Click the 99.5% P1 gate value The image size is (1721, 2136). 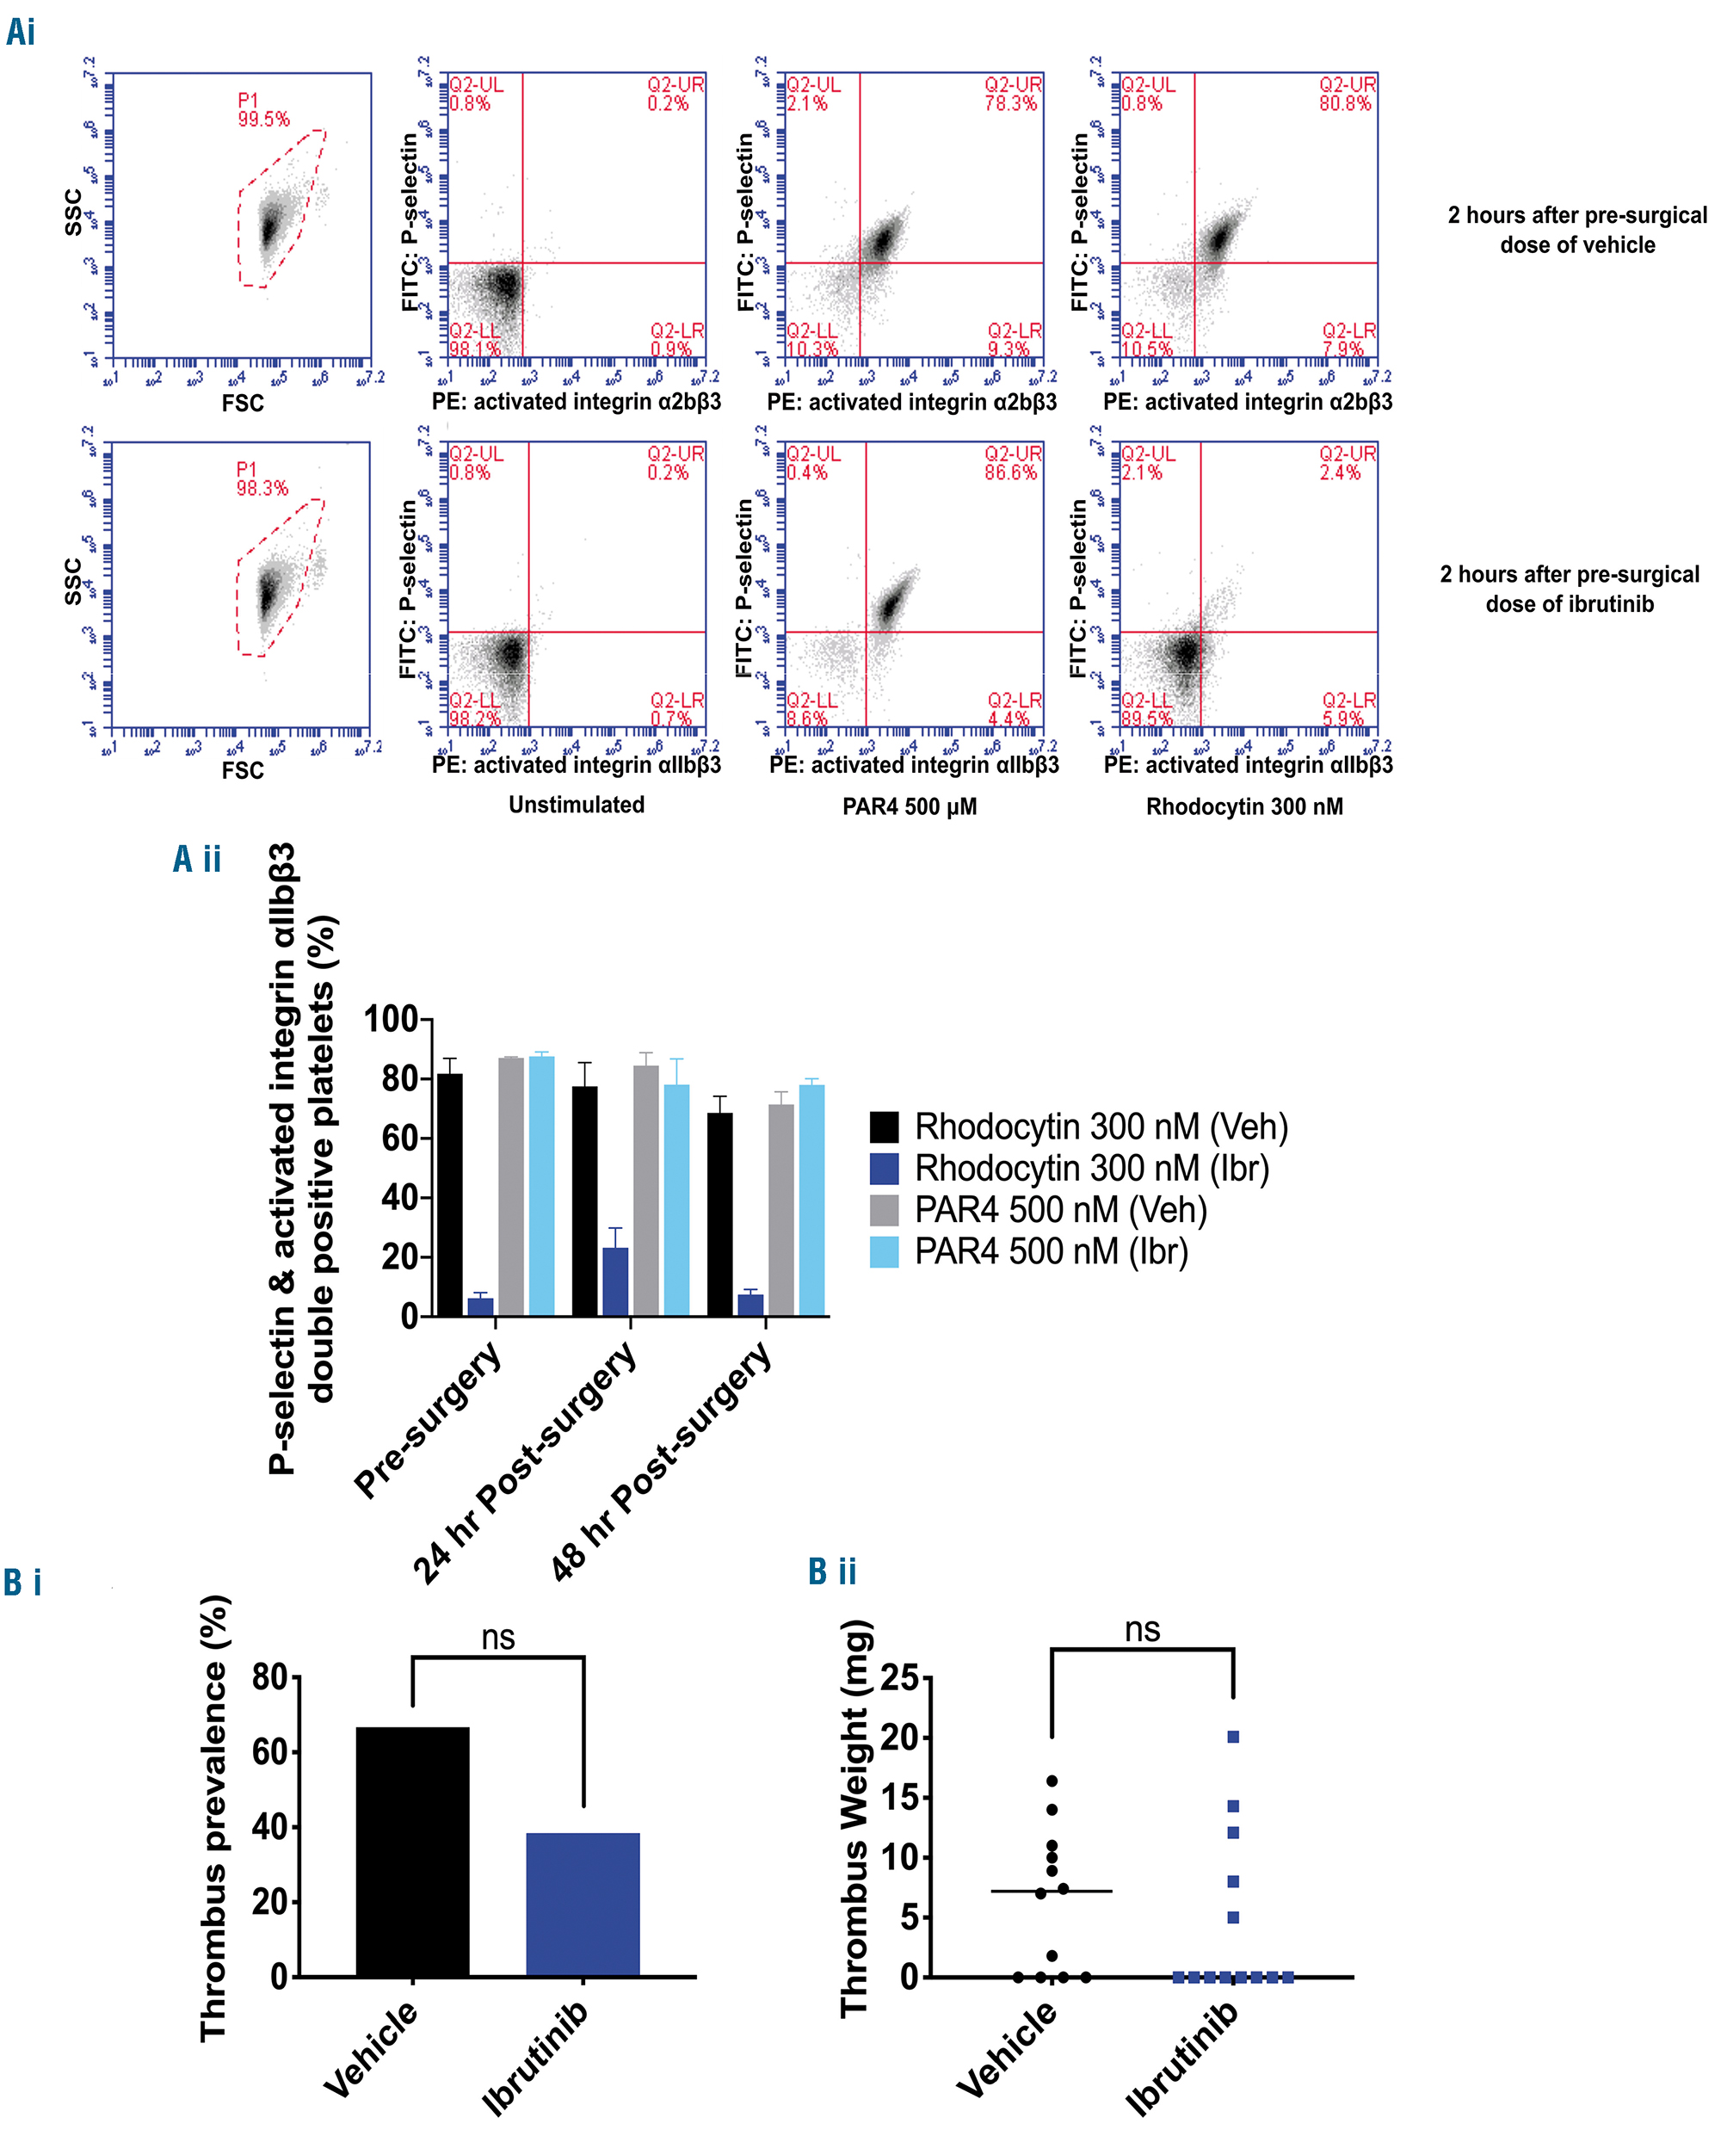pos(262,119)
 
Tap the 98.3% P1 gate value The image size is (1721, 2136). pos(262,488)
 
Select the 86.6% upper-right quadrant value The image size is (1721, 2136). pos(1010,472)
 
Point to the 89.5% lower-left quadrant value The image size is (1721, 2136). pos(1146,718)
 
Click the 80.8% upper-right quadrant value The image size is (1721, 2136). pos(1345,103)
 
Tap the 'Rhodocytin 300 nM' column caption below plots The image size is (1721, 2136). pos(1244,806)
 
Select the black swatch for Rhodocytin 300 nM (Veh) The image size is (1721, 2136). pos(885,1127)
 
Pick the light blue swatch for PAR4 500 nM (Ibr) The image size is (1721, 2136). pos(885,1251)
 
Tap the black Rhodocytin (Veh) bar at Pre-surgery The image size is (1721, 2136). pos(449,1194)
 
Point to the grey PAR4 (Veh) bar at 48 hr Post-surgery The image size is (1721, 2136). pos(781,1210)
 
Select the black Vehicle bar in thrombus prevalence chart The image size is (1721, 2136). pos(412,1852)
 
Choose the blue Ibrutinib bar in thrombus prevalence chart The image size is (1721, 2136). pos(583,1905)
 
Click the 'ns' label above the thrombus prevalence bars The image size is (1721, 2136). pos(497,1637)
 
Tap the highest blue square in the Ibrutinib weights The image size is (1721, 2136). pos(1233,1737)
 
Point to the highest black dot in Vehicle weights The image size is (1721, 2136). pos(1052,1781)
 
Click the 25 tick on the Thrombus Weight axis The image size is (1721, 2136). pos(899,1678)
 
